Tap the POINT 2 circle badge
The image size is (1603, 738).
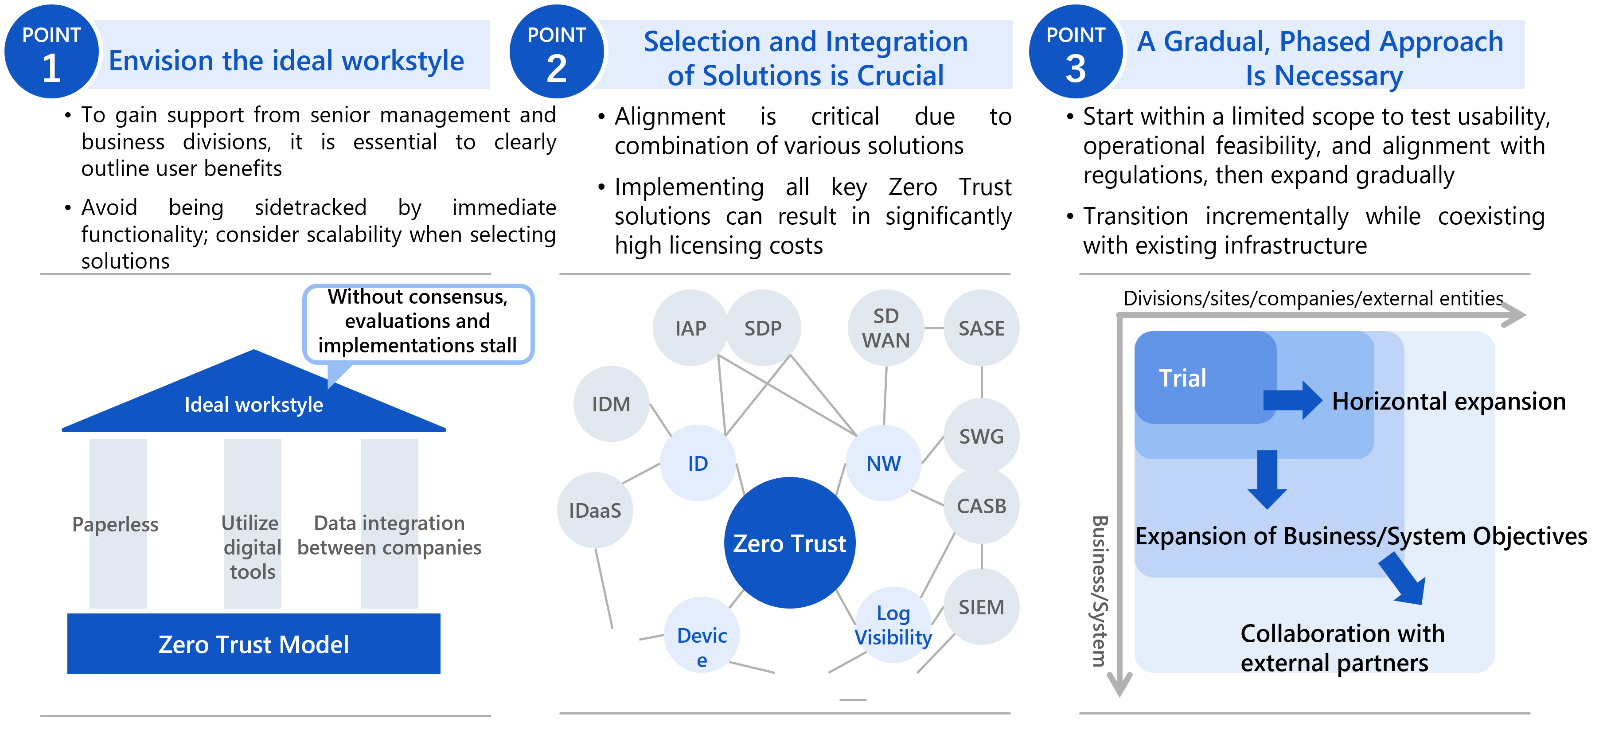click(x=556, y=52)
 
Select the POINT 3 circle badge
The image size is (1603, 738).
click(x=1075, y=52)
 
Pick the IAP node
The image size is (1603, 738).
click(x=690, y=328)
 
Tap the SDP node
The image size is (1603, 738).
click(x=763, y=328)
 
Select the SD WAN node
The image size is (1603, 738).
click(x=885, y=328)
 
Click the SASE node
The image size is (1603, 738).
click(x=981, y=328)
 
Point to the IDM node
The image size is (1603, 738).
click(x=611, y=404)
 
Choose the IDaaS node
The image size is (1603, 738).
click(x=595, y=510)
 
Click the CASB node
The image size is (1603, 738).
click(x=981, y=506)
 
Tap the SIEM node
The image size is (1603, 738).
click(x=981, y=607)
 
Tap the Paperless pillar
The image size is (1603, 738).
click(x=117, y=523)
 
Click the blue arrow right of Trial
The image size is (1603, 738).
click(x=1292, y=400)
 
